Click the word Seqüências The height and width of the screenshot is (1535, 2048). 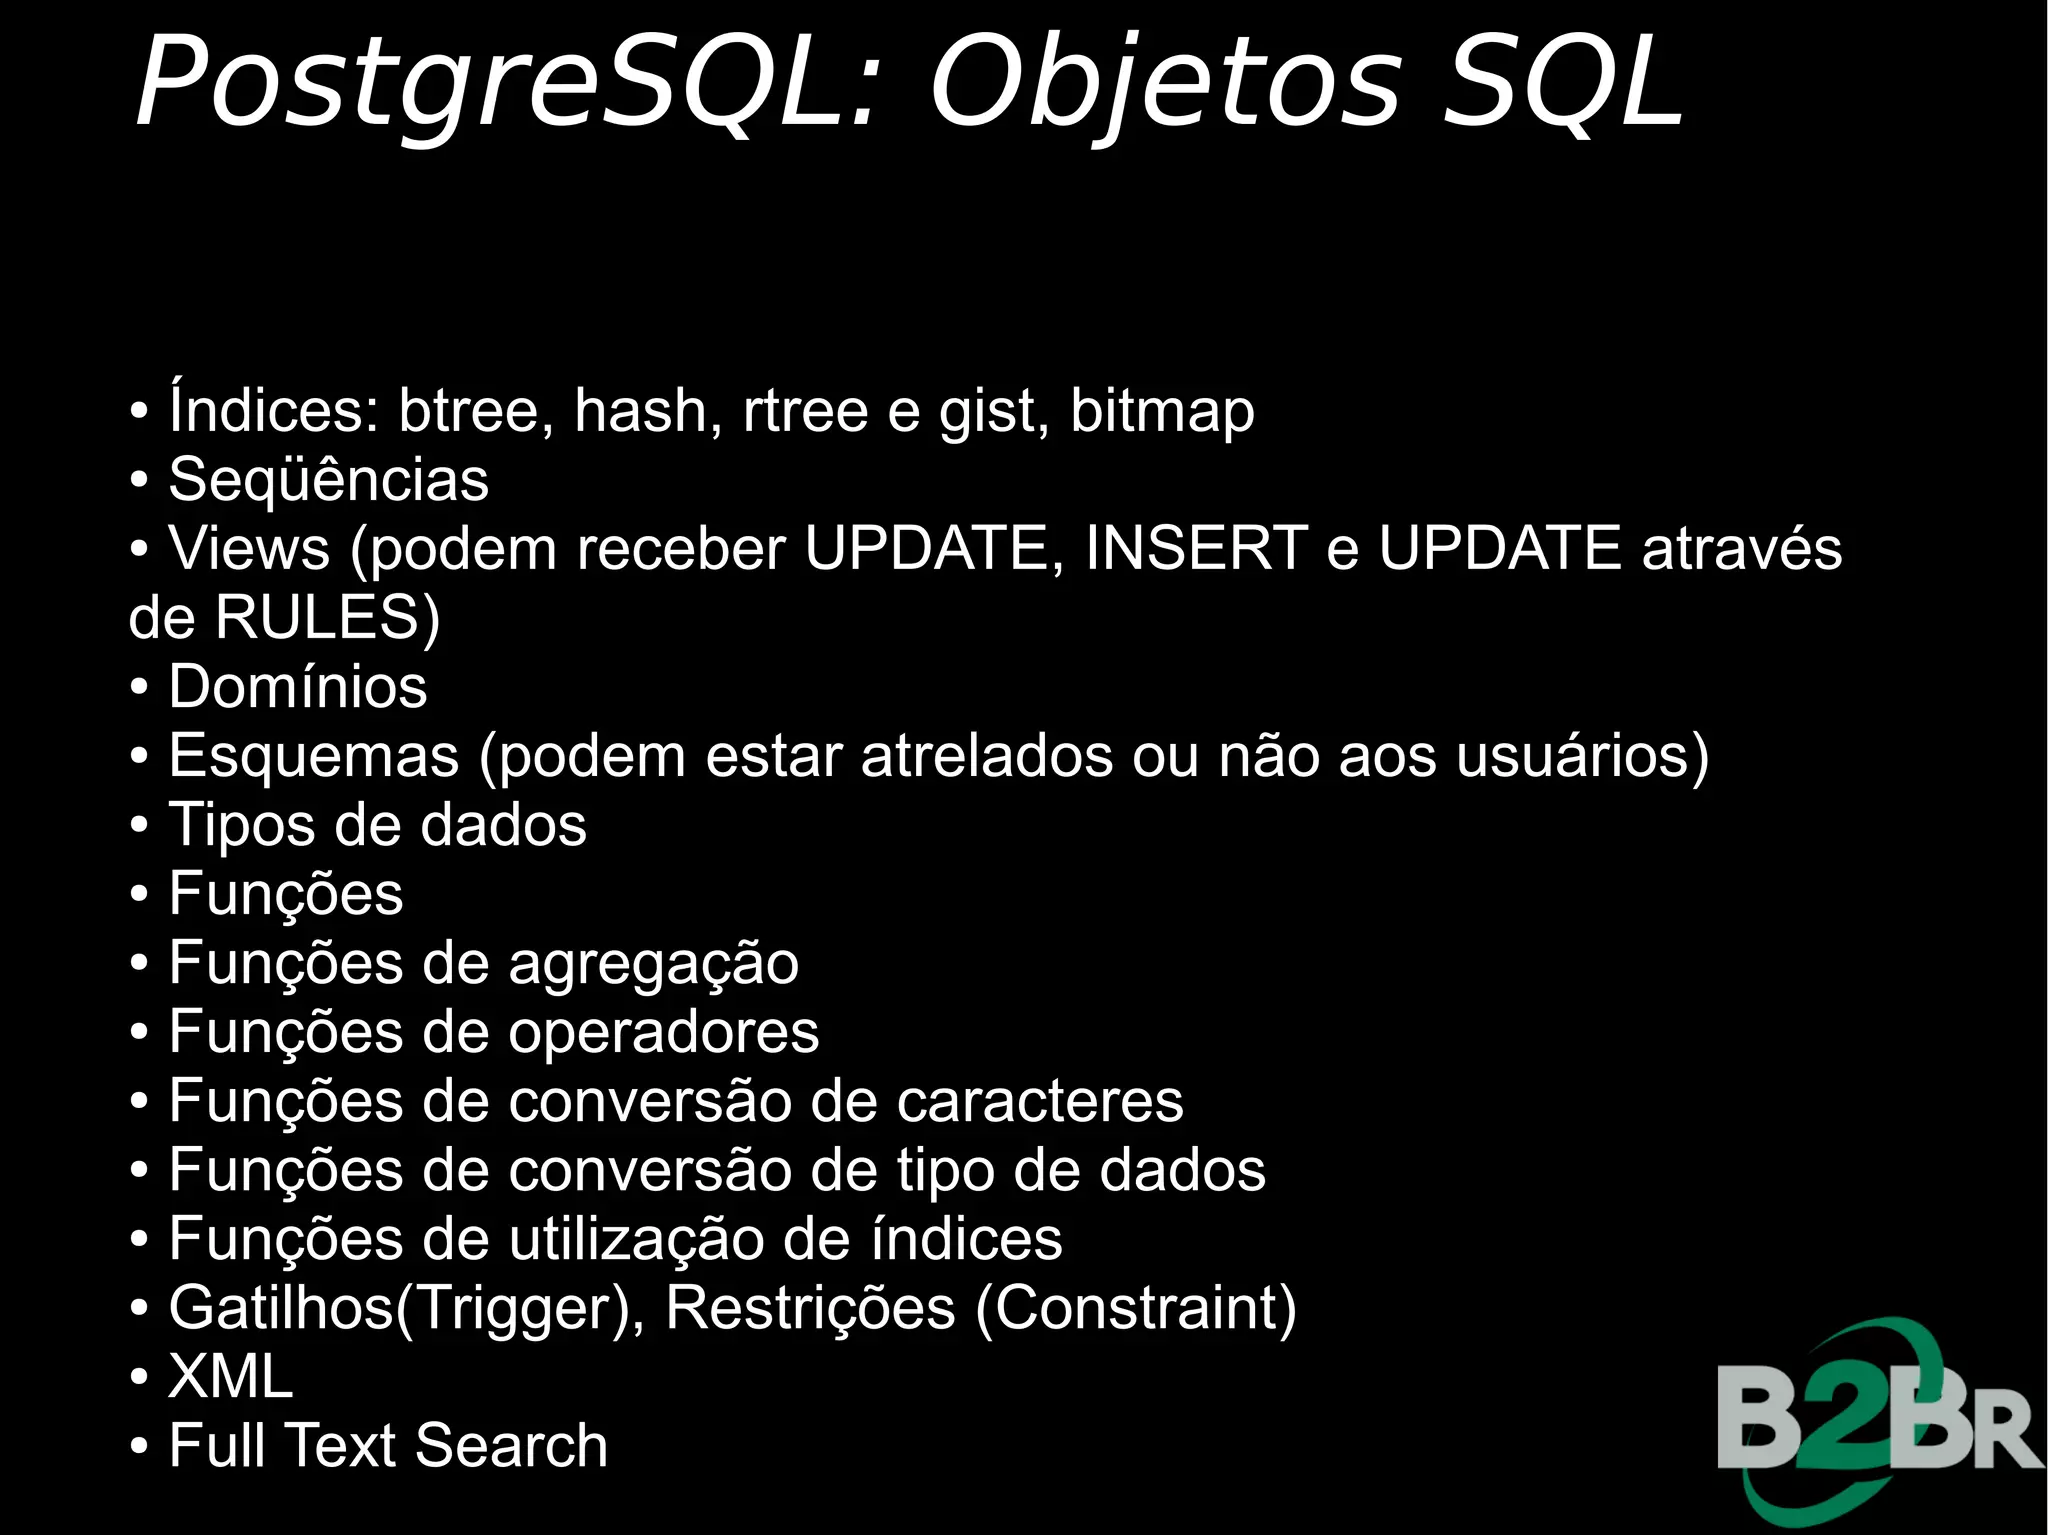328,480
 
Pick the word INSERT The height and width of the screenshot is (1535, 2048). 1196,548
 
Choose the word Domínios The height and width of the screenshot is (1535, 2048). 298,687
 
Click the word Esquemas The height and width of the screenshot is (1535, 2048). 313,757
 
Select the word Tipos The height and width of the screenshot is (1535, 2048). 241,826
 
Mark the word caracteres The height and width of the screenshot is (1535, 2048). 1039,1102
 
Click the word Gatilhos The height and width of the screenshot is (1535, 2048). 281,1308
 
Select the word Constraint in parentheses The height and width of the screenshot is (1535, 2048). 1135,1308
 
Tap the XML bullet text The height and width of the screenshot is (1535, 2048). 231,1377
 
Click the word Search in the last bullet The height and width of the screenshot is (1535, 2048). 511,1446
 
